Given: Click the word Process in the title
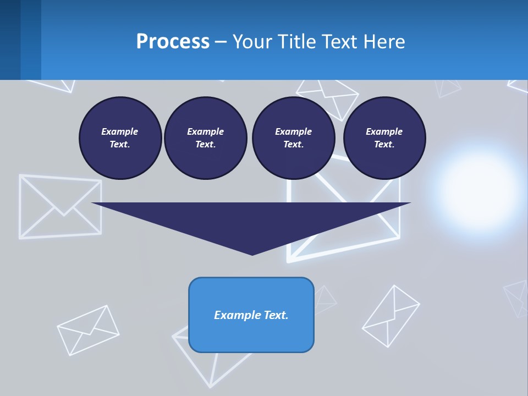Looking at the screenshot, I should [173, 42].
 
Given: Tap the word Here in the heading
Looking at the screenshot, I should [384, 42].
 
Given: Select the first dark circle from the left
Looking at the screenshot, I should [120, 138].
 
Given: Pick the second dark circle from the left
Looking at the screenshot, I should [205, 138].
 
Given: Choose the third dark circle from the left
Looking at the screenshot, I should [293, 138].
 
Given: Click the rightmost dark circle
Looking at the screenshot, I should [384, 138].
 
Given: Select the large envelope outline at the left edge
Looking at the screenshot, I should [60, 206].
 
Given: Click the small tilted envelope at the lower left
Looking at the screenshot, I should [88, 330].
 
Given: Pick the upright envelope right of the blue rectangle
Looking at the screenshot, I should [391, 316].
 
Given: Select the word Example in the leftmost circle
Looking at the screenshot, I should [120, 131].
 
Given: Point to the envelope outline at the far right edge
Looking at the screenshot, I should [517, 297].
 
